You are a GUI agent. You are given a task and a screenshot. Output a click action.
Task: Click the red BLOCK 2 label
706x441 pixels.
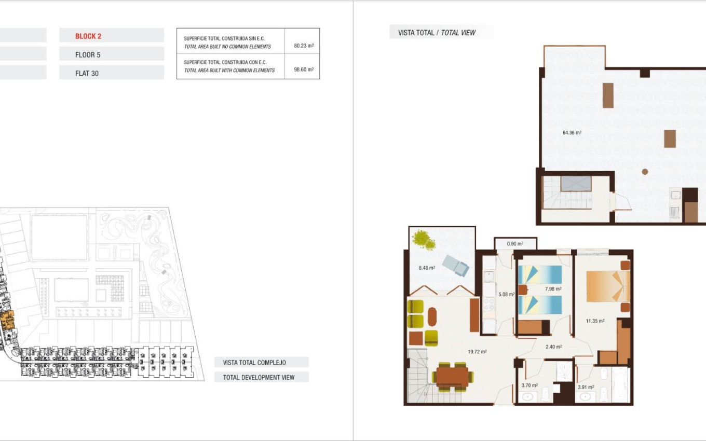click(88, 36)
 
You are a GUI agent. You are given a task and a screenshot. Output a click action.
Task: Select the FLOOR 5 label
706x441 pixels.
click(88, 54)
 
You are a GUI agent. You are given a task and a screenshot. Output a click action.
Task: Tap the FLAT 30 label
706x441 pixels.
click(87, 73)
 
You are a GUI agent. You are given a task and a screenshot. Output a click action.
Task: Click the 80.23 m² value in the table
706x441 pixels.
click(304, 46)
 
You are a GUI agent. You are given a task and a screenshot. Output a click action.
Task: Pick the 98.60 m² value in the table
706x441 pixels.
click(304, 70)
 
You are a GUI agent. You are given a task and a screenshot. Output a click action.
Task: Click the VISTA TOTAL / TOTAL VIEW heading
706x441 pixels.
click(437, 33)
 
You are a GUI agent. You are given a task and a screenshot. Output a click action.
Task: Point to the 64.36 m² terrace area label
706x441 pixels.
click(572, 133)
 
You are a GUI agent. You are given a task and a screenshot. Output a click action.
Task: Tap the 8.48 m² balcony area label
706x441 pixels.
click(426, 268)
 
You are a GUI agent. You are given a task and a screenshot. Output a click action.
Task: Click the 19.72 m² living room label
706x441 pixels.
click(477, 352)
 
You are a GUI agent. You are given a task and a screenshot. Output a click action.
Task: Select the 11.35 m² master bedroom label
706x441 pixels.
click(595, 321)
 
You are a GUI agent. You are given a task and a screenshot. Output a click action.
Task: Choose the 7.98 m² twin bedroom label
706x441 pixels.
click(553, 289)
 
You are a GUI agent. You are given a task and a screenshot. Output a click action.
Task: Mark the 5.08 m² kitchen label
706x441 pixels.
click(506, 294)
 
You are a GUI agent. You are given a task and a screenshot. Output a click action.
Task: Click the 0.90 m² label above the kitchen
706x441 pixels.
click(514, 244)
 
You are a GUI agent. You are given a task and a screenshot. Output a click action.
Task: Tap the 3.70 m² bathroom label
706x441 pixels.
click(529, 385)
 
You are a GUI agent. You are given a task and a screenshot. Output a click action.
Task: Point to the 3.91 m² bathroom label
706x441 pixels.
click(586, 387)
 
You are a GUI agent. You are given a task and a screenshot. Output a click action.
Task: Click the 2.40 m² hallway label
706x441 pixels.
click(554, 347)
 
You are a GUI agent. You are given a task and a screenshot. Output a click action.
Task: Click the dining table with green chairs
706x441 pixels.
click(452, 376)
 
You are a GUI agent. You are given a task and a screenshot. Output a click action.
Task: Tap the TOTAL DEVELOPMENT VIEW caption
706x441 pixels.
click(259, 377)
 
